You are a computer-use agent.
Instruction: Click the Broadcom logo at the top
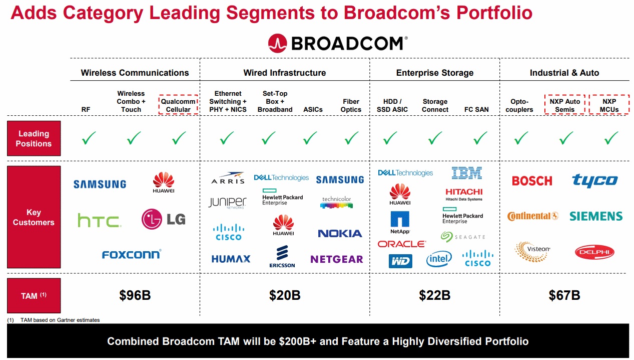coord(338,44)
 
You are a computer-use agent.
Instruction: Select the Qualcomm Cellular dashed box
coord(178,95)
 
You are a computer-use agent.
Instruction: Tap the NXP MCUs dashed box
coord(609,95)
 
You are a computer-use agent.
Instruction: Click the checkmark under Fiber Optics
coord(351,138)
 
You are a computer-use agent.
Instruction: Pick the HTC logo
coord(100,221)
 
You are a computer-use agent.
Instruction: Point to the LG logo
coord(163,219)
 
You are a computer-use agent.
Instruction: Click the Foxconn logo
coord(132,254)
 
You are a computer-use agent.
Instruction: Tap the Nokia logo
coord(340,234)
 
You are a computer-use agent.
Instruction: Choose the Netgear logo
coord(337,259)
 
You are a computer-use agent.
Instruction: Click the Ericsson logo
coord(282,256)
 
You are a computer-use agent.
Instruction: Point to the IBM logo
coord(466,173)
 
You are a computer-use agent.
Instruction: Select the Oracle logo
coord(402,244)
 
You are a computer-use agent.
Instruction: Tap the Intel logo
coord(439,259)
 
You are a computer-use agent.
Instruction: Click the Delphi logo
coord(594,252)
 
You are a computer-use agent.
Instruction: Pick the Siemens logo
coord(596,216)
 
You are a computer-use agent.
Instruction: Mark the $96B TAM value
coord(135,295)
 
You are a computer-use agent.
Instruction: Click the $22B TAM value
coord(434,295)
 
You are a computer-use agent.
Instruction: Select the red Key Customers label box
coord(34,217)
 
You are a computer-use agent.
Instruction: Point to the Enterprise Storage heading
coord(435,73)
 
